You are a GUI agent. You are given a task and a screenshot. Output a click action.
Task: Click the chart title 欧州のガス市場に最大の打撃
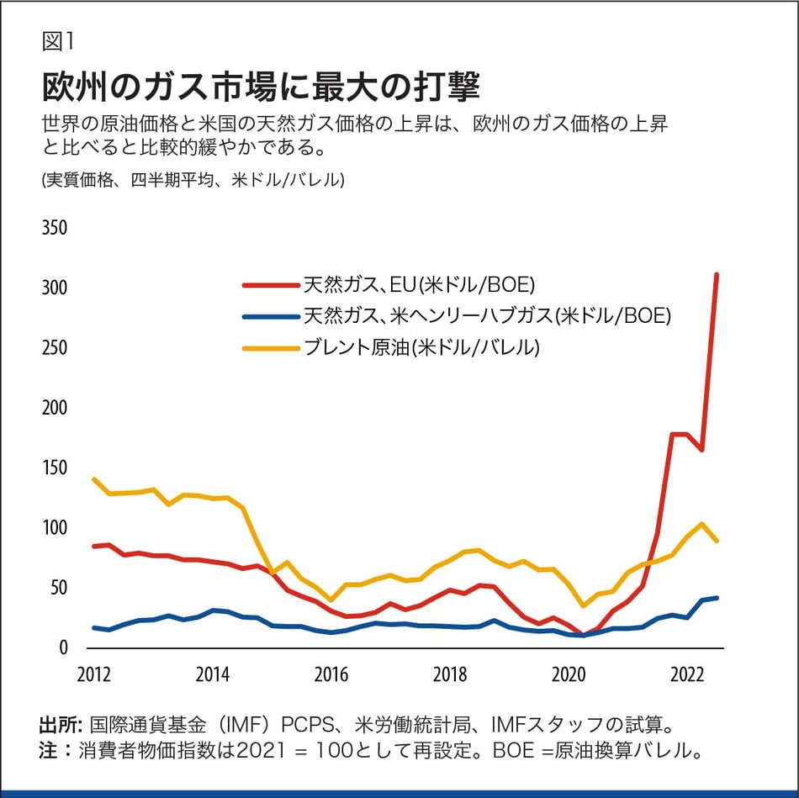(260, 87)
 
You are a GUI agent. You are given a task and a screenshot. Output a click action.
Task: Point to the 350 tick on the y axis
(54, 228)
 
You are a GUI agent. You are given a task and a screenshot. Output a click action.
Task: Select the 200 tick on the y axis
(54, 408)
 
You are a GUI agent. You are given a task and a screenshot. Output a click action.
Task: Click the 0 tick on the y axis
(62, 647)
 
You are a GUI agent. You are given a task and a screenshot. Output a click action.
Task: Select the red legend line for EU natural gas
(271, 285)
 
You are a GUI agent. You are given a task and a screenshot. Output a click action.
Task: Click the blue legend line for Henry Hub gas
(271, 316)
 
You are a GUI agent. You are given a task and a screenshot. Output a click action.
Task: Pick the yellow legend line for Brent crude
(271, 347)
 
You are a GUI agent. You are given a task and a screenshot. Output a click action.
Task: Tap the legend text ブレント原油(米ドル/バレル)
(421, 347)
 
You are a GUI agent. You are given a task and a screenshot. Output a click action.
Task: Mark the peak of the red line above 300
(717, 274)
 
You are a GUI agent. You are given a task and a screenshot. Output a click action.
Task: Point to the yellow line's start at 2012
(93, 479)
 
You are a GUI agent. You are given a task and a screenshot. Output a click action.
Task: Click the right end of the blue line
(717, 598)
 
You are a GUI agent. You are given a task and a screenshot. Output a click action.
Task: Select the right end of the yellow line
(717, 541)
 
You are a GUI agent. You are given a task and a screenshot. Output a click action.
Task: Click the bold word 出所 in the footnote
(59, 725)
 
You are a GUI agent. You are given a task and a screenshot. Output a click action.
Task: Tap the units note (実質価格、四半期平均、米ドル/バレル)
(193, 180)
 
